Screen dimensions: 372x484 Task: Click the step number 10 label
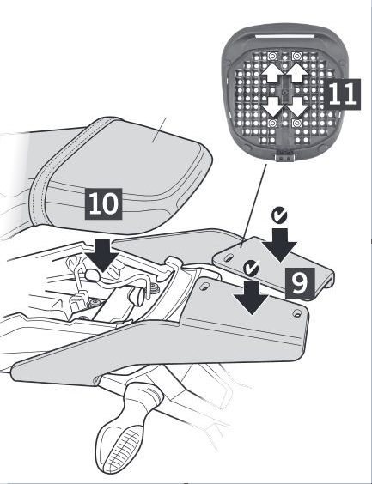point(103,203)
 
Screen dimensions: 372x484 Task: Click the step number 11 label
point(343,94)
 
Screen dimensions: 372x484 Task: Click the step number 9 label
point(300,283)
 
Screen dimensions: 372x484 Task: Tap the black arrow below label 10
point(101,256)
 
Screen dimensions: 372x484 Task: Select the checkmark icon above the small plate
point(279,215)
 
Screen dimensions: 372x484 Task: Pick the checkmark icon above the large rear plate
point(251,268)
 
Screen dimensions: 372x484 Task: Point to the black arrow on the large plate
point(251,298)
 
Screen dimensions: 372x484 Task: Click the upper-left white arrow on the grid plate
point(272,73)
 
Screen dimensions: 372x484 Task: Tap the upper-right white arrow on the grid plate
point(296,73)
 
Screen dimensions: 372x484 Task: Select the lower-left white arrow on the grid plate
point(272,106)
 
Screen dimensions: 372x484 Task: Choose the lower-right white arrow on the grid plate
point(296,106)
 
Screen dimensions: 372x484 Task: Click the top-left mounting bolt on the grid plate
point(272,57)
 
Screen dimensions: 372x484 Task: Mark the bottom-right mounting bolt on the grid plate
point(297,124)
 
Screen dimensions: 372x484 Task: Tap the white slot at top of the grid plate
point(284,36)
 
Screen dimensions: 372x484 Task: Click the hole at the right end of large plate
point(296,313)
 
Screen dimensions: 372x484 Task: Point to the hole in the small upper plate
point(229,257)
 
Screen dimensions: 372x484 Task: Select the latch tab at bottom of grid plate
point(284,157)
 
